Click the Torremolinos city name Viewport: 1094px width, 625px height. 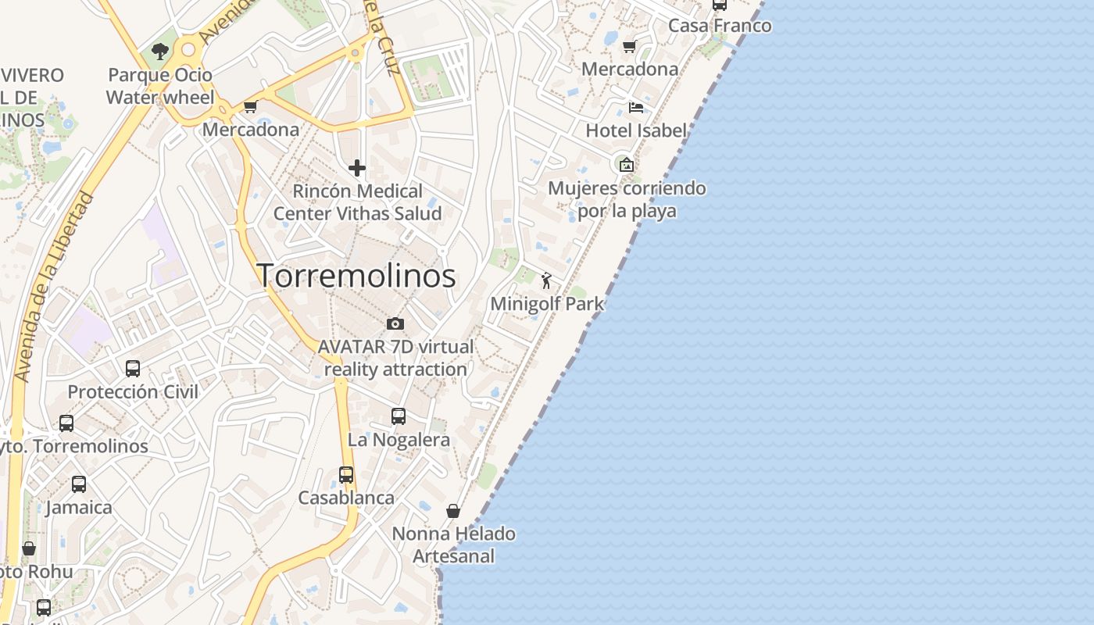(356, 276)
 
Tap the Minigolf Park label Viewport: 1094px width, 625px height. (547, 304)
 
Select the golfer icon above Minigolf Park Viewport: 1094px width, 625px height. (546, 280)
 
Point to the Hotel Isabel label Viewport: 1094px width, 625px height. (636, 130)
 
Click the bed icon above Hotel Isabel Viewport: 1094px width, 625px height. (636, 107)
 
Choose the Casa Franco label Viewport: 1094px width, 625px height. (720, 26)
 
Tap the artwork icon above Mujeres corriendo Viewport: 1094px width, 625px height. (626, 164)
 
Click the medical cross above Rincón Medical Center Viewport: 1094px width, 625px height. (357, 168)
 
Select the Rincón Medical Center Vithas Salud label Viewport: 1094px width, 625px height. (357, 202)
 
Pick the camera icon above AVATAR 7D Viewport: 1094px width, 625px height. (395, 323)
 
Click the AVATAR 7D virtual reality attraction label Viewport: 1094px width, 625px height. (395, 358)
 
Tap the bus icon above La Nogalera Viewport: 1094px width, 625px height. (399, 416)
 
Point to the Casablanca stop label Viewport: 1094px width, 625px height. (346, 498)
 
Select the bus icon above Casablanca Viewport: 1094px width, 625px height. (346, 474)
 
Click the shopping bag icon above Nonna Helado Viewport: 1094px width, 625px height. (453, 511)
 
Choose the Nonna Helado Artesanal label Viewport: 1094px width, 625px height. (453, 545)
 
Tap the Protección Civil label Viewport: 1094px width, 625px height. (133, 391)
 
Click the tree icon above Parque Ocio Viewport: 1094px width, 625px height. (160, 52)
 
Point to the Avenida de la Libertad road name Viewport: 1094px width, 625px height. (54, 287)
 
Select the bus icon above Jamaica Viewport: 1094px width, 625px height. (79, 484)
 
